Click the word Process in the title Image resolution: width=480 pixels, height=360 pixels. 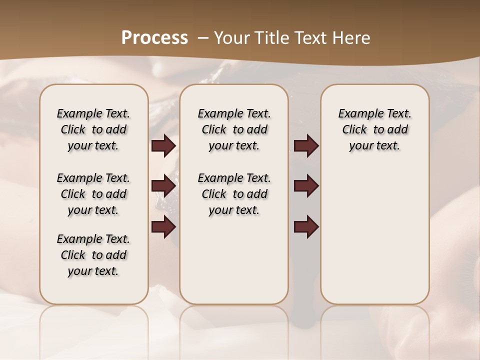tap(154, 38)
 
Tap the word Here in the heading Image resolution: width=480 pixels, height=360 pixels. tap(351, 38)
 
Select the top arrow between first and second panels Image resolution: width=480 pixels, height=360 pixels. tap(163, 146)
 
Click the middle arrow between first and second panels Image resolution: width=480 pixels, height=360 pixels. tap(163, 186)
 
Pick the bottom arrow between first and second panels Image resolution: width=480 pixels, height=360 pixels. tap(163, 227)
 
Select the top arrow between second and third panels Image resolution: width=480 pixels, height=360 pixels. tap(306, 146)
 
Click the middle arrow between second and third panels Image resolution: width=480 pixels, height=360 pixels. tap(306, 186)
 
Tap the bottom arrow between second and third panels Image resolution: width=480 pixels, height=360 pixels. tap(306, 227)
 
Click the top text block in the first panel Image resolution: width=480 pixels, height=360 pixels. tap(93, 129)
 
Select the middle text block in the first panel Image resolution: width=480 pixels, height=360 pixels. tap(93, 194)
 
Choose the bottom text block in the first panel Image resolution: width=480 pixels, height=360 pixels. tap(93, 255)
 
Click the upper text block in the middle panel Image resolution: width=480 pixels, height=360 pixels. tap(234, 129)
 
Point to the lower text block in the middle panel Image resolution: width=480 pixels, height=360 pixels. tap(234, 194)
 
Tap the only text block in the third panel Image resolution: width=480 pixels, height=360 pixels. tap(375, 129)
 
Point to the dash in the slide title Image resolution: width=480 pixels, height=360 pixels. tap(203, 38)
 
